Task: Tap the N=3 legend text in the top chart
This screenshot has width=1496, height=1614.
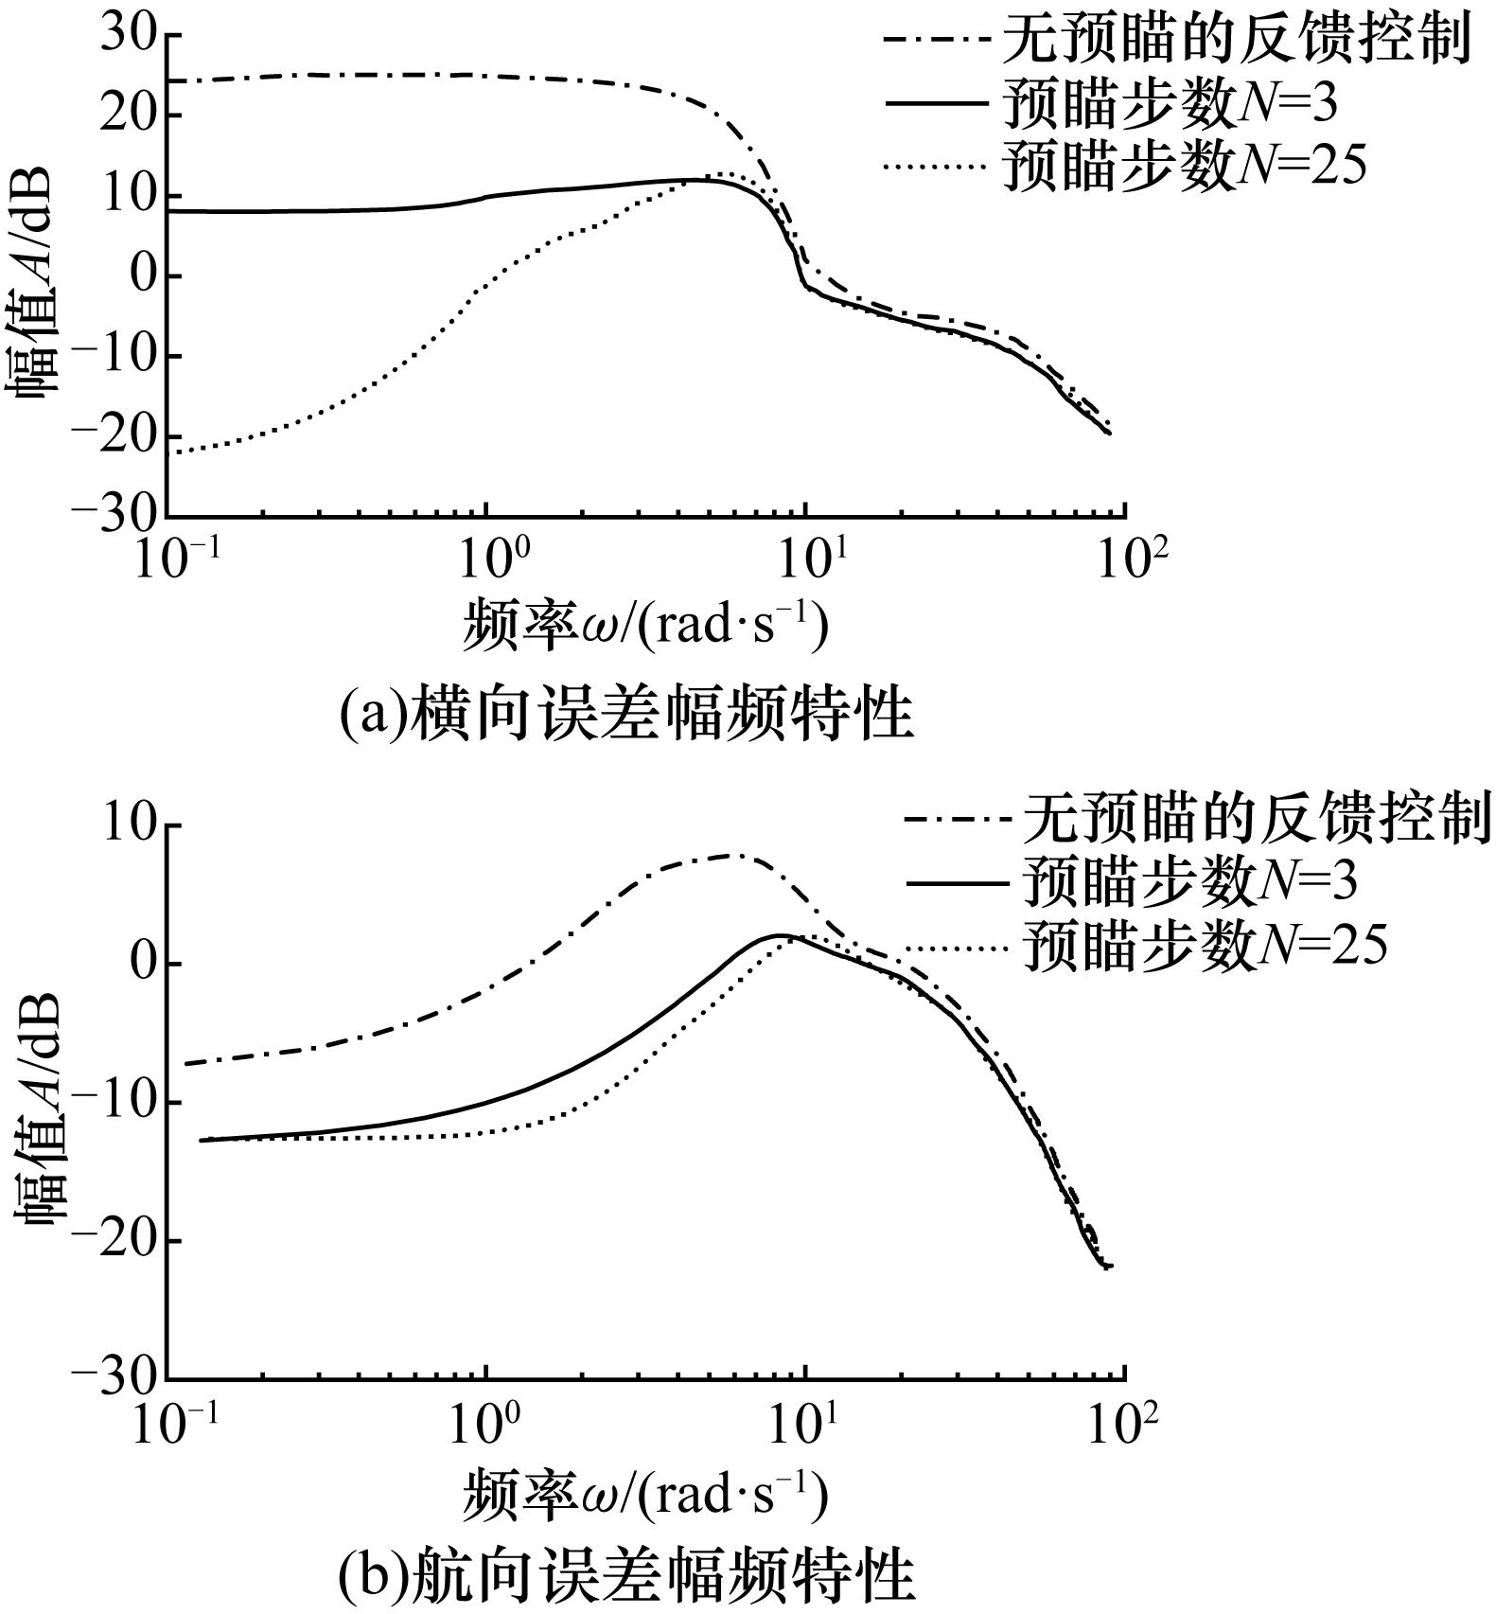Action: pos(1170,104)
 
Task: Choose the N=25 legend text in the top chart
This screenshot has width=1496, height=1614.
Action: pos(1185,166)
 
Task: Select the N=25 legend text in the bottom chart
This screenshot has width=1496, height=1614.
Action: pos(1205,945)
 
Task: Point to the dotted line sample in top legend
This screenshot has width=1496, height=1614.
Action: pos(938,168)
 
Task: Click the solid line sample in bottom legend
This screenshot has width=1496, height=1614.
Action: pos(957,883)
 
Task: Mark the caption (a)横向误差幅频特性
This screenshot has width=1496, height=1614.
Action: pos(626,714)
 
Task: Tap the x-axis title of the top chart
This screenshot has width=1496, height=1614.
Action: pos(645,627)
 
